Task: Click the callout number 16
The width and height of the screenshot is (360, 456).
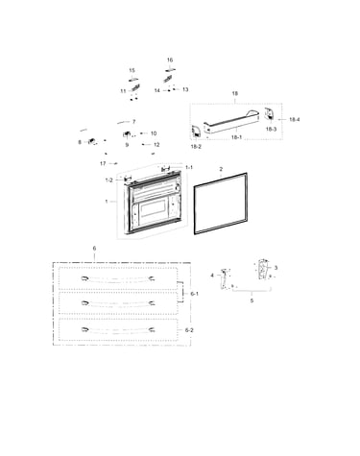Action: (170, 60)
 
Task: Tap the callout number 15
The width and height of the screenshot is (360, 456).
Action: (132, 70)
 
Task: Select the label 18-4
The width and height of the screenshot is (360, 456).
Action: (295, 119)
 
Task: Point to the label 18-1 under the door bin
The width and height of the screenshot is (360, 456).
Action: (236, 137)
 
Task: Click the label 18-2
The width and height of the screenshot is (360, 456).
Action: (196, 147)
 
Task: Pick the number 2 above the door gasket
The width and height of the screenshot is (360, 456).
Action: (221, 169)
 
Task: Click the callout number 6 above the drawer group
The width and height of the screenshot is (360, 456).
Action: (94, 249)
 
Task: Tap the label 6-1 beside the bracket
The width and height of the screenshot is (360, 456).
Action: (194, 294)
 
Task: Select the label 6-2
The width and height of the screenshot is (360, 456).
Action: (189, 330)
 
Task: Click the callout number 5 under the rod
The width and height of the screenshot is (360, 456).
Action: (252, 300)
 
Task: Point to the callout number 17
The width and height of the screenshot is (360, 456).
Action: (103, 163)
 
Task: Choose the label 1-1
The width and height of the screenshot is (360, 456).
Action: (189, 167)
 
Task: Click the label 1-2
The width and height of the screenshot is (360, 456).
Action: (109, 180)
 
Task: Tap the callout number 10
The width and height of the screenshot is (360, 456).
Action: (154, 133)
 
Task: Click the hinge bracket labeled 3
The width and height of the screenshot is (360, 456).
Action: (263, 269)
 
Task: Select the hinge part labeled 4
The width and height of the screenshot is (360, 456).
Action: (224, 279)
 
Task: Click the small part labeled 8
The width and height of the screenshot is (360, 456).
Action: (92, 141)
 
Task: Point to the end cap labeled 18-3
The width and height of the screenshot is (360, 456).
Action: (269, 115)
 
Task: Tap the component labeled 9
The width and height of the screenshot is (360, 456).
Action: (127, 133)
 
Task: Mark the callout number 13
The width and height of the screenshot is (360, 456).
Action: (185, 89)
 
